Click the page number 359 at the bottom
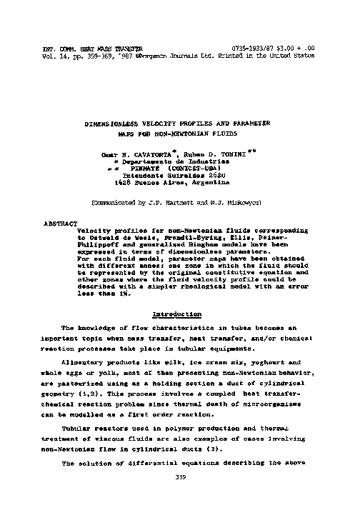pyautogui.click(x=180, y=478)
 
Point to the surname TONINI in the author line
pyautogui.click(x=224, y=154)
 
